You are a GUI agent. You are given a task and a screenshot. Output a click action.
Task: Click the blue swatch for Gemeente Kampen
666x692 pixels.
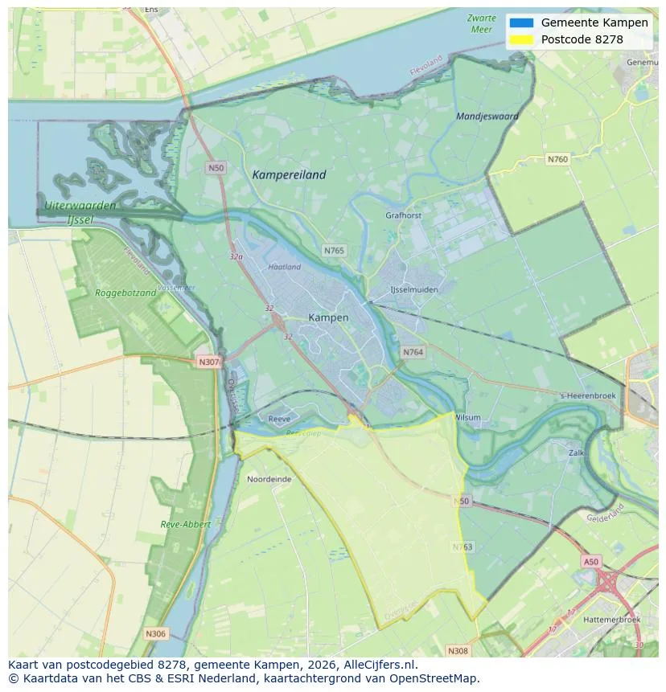(521, 23)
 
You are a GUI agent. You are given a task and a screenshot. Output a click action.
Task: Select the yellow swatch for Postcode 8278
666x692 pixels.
(521, 39)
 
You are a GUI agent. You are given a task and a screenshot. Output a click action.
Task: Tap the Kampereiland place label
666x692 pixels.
(289, 174)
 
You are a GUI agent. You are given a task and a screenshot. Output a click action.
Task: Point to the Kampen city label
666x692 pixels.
(328, 317)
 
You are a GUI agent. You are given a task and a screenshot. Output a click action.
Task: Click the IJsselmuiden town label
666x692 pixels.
(414, 289)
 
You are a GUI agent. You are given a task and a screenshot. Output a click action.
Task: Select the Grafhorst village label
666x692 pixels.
(403, 215)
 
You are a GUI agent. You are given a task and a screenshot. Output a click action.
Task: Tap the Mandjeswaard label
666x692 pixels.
(487, 117)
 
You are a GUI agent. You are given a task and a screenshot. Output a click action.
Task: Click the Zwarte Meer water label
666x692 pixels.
(481, 23)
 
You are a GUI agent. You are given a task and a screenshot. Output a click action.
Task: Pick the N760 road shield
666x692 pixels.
(557, 159)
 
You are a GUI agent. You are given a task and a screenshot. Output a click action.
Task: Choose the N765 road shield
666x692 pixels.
(334, 251)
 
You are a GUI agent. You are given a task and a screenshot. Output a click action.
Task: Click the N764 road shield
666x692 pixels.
(413, 352)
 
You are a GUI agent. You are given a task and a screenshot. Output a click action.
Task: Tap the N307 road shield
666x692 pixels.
(208, 362)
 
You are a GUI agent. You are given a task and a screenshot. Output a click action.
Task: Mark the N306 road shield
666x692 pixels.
(155, 633)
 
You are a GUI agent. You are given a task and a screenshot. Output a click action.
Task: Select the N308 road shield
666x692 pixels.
(457, 650)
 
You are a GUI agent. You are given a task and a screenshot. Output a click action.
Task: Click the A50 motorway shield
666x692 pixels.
(591, 562)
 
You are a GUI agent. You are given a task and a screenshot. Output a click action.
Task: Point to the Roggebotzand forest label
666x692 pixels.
(125, 293)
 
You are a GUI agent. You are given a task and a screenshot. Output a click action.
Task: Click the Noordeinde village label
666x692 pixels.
(269, 479)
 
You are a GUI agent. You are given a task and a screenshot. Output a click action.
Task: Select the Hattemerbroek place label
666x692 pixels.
(612, 620)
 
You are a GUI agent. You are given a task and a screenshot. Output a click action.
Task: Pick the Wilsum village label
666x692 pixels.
(467, 418)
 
